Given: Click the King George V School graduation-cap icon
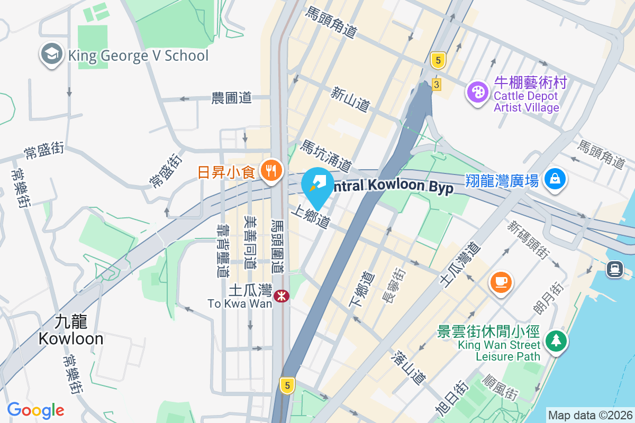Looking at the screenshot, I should click(x=51, y=55).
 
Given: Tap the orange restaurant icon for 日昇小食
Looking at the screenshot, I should click(x=271, y=171).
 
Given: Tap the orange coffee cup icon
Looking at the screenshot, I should click(x=501, y=280).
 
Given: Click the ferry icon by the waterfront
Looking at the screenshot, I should click(x=614, y=269).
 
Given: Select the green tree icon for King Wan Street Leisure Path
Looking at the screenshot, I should click(x=556, y=340).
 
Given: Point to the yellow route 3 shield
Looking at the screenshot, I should click(x=436, y=84).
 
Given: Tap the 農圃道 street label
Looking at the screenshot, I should click(x=231, y=98).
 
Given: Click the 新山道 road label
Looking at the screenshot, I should click(x=350, y=99).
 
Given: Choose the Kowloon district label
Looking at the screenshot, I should click(x=71, y=330).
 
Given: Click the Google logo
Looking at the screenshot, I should click(x=35, y=410).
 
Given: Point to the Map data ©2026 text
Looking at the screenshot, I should click(x=589, y=415).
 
